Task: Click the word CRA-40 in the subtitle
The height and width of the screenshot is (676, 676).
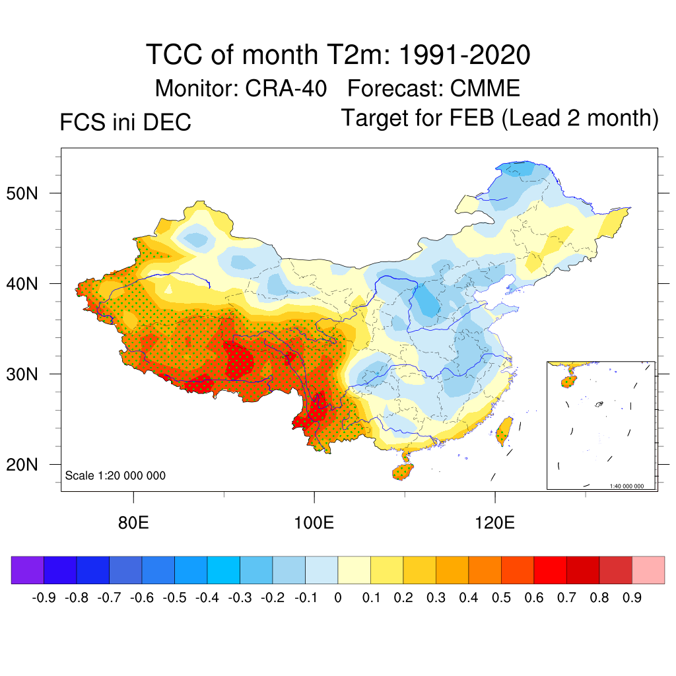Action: coord(286,88)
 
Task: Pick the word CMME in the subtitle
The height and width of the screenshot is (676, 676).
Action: coord(485,88)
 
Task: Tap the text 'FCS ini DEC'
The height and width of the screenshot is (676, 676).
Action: coord(125,122)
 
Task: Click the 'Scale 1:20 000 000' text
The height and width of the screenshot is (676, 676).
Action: coord(116,475)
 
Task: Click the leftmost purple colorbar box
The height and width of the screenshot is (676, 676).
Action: coord(28,570)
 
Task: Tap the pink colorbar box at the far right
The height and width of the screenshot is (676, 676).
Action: coord(648,570)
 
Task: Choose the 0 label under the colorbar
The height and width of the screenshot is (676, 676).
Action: coord(338,598)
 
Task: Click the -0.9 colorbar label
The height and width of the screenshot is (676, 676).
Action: coord(44,598)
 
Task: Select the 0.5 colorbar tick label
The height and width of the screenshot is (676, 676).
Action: coord(502,598)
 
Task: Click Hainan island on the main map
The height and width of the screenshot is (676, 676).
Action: coord(403,471)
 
